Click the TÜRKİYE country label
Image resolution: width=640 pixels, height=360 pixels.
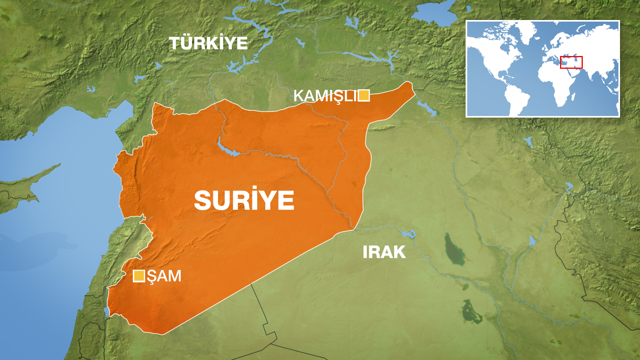click(x=208, y=43)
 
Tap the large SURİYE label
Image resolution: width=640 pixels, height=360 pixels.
click(x=244, y=200)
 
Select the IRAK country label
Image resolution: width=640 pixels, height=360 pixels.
click(x=384, y=252)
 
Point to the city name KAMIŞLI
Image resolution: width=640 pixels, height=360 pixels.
click(x=325, y=96)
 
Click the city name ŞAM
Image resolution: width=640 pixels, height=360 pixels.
click(x=164, y=276)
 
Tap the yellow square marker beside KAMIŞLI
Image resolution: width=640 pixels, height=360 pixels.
click(x=364, y=96)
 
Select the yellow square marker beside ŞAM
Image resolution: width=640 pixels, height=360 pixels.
click(x=139, y=276)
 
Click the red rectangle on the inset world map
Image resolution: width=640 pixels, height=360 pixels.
click(x=571, y=62)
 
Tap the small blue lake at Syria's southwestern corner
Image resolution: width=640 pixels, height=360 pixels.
click(x=106, y=311)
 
